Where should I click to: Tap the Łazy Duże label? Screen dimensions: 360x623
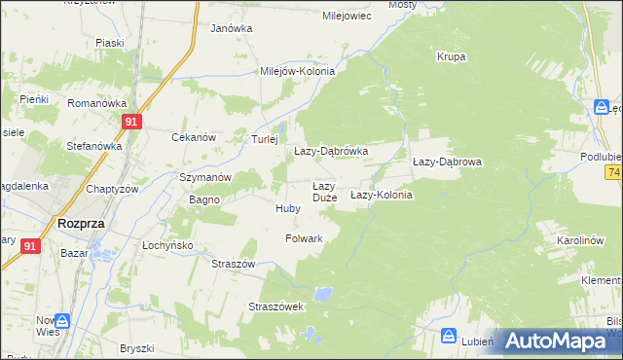[324, 192]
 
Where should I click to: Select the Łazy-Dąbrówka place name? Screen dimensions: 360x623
[331, 152]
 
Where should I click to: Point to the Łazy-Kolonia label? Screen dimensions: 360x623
[382, 195]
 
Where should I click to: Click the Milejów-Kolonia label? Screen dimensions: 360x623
[297, 71]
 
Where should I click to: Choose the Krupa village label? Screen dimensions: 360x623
[451, 56]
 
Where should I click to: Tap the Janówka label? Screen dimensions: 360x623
[231, 28]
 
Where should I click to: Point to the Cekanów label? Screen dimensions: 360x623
[193, 137]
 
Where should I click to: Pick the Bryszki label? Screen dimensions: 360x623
[137, 348]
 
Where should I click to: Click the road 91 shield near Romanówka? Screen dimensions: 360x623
[133, 122]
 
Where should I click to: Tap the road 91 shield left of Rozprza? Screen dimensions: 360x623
[29, 247]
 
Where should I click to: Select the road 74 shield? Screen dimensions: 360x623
[613, 172]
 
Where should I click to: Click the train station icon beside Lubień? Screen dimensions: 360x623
[449, 336]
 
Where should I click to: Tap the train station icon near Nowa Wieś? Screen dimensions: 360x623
[62, 320]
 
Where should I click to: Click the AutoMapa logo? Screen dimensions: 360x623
[556, 342]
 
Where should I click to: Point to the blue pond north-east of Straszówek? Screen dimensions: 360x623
[323, 292]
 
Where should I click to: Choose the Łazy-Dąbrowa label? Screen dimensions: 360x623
[448, 162]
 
